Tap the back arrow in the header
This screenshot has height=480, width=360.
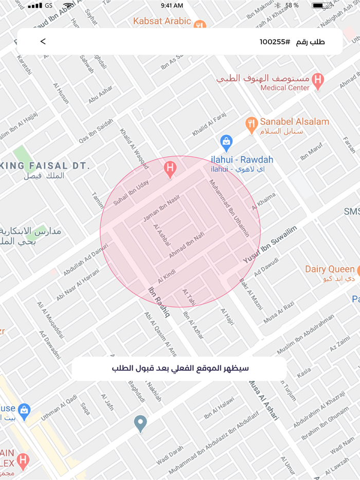pyautogui.click(x=43, y=42)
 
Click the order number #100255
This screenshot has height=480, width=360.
pyautogui.click(x=275, y=42)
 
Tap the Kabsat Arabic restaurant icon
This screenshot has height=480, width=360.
pyautogui.click(x=200, y=24)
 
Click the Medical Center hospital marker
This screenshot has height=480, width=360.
pyautogui.click(x=318, y=80)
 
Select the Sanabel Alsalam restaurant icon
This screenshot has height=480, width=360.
pyautogui.click(x=251, y=124)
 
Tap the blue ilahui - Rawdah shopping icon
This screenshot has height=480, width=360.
pyautogui.click(x=226, y=142)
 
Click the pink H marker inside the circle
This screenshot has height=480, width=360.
pyautogui.click(x=170, y=168)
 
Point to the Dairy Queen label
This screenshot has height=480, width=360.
pyautogui.click(x=329, y=269)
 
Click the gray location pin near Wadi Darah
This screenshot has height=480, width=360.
pyautogui.click(x=140, y=423)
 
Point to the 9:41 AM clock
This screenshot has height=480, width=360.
pyautogui.click(x=171, y=6)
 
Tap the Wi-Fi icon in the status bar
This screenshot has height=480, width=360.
pyautogui.click(x=68, y=6)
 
